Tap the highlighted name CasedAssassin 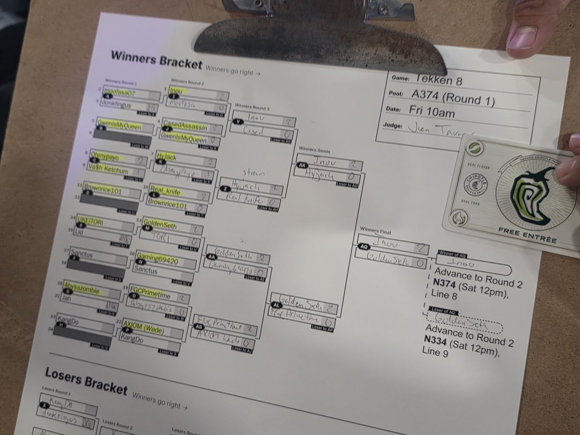click(x=185, y=127)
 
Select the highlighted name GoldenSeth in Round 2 click(x=160, y=226)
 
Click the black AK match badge click(x=303, y=164)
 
